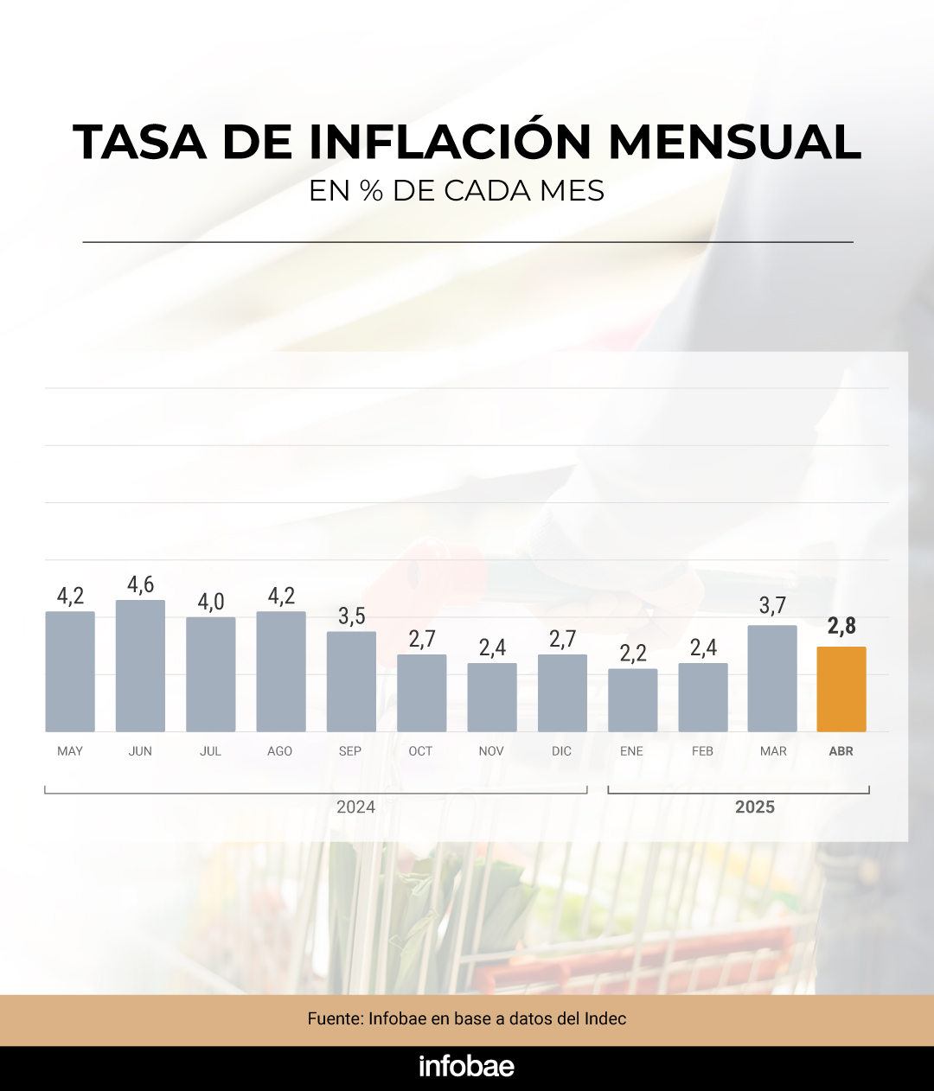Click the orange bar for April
click(x=841, y=689)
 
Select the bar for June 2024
click(x=140, y=666)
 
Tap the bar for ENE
click(x=632, y=700)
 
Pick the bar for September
click(x=351, y=681)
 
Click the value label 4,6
click(x=140, y=585)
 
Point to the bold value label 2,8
click(x=841, y=626)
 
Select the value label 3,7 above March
click(x=772, y=606)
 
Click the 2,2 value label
click(x=633, y=654)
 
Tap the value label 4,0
click(x=211, y=602)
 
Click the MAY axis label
click(x=70, y=751)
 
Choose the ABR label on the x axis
click(x=841, y=751)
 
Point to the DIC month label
click(x=561, y=751)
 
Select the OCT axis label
click(x=420, y=751)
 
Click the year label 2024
click(x=355, y=807)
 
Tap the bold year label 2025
click(x=755, y=807)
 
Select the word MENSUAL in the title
click(x=735, y=142)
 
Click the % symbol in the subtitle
click(x=371, y=191)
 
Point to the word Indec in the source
click(x=605, y=1018)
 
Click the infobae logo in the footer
click(x=466, y=1066)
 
